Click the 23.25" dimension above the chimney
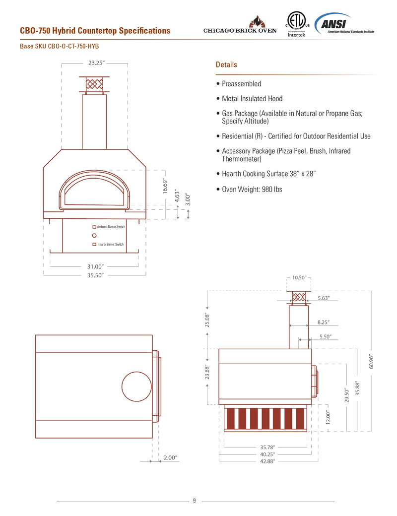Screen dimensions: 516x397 tap(96, 63)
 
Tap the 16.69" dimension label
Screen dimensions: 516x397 tap(165, 186)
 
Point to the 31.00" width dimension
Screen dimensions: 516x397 tap(95, 266)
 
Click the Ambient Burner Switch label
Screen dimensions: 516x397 tap(110, 227)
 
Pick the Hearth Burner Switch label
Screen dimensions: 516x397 tap(110, 245)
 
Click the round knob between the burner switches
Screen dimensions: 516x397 tap(94, 236)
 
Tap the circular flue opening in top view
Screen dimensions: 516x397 tap(136, 386)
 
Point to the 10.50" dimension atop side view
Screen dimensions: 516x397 tap(299, 278)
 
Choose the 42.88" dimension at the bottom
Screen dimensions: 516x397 tap(267, 461)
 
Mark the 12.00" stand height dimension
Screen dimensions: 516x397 tap(328, 417)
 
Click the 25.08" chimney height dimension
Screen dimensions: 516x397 tap(207, 320)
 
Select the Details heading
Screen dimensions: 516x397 tap(226, 65)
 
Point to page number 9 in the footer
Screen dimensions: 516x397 tap(195, 501)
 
